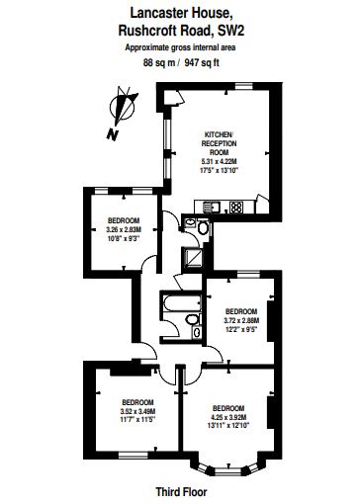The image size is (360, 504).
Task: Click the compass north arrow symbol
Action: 124,106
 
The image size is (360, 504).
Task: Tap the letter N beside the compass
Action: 113,134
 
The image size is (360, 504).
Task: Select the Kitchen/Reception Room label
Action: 219,143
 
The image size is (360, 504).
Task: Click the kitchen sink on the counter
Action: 212,207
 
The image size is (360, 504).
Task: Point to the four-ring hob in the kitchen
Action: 236,207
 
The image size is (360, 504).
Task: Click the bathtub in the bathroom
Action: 182,303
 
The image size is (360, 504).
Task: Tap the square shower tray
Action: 191,257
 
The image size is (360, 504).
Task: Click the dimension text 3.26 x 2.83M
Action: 124,229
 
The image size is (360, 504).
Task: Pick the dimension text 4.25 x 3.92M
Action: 228,417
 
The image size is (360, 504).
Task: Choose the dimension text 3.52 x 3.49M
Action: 137,411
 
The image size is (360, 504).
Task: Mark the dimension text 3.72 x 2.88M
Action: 241,320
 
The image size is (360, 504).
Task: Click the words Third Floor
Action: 181,492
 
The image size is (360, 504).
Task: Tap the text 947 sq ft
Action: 202,62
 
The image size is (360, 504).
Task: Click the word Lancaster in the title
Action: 154,13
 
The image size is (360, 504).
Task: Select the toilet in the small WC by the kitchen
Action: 203,227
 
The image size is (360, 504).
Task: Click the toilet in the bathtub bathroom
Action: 191,319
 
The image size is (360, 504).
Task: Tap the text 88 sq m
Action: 159,62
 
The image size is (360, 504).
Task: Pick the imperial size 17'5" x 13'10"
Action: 220,170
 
